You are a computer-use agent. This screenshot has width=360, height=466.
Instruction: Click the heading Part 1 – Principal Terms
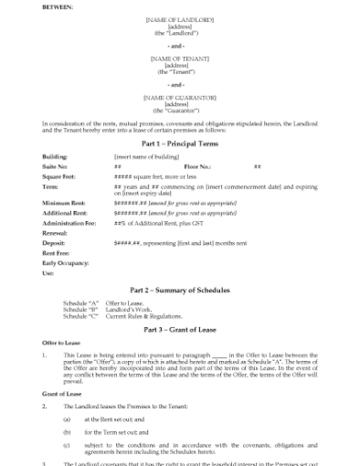point(179,143)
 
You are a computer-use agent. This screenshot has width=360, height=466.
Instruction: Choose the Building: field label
point(55,156)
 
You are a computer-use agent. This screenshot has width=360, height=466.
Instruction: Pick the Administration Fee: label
point(69,222)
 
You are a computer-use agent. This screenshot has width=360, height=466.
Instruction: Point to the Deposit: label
point(55,243)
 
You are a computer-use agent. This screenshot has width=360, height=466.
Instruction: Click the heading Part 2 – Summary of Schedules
point(179,290)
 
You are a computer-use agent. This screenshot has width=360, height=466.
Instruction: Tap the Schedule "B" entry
point(79,310)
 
